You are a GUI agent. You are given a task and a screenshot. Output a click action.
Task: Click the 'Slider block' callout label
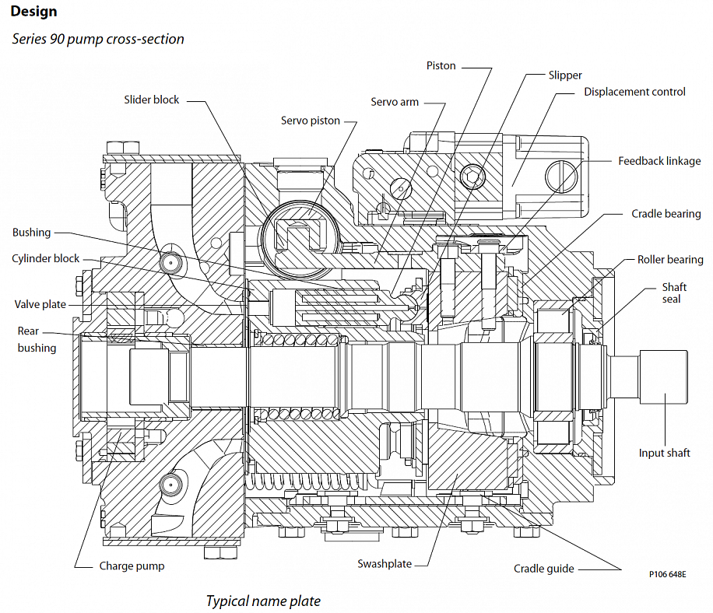[x=151, y=100]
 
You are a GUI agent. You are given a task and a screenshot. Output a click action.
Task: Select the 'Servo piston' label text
[x=311, y=121]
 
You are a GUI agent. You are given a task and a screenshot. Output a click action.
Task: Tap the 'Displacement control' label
[x=634, y=92]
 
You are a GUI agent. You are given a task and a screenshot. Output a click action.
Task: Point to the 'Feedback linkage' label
[x=659, y=161]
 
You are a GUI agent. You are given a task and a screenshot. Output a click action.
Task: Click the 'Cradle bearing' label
[x=666, y=214]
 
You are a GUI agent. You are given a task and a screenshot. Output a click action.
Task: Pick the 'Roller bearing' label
[x=670, y=260]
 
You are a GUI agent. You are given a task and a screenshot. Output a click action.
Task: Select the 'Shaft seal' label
[x=674, y=293]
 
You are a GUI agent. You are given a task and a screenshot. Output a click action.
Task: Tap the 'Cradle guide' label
[x=543, y=569]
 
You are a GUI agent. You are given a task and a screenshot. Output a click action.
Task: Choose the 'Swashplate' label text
[x=384, y=564]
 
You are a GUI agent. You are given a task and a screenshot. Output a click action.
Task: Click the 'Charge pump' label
[x=132, y=566]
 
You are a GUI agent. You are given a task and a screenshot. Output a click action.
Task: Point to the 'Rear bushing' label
[x=37, y=340]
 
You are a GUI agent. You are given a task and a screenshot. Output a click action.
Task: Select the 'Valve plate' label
[x=40, y=304]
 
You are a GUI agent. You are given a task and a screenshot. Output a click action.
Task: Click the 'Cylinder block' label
[x=45, y=258]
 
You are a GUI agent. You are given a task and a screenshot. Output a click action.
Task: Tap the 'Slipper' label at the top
[x=564, y=75]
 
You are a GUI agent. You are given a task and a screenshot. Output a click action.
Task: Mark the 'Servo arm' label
[x=395, y=102]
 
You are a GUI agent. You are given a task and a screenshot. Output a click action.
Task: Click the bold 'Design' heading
[x=33, y=12]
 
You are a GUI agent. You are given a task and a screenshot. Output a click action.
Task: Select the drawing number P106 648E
[x=667, y=574]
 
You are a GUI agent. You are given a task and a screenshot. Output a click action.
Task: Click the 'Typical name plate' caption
[x=262, y=601]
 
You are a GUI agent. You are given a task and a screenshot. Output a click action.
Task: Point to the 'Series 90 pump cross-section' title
[x=98, y=38]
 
